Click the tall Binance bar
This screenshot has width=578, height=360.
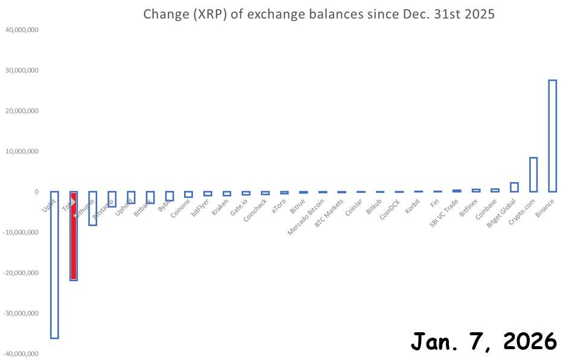pos(552,136)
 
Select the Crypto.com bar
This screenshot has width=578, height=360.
pos(533,175)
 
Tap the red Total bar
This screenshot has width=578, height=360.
pos(74,236)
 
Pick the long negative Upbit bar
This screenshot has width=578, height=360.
pos(54,265)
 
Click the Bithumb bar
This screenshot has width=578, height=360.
pos(92,208)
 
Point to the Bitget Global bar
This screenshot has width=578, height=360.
pos(514,187)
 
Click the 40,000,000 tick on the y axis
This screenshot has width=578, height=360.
pos(22,30)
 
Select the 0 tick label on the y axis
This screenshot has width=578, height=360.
pos(36,192)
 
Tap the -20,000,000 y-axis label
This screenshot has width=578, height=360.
pos(21,273)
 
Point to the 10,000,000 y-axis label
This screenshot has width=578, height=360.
pos(22,151)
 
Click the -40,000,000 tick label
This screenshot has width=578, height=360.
pos(21,353)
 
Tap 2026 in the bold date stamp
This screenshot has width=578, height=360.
pos(530,341)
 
